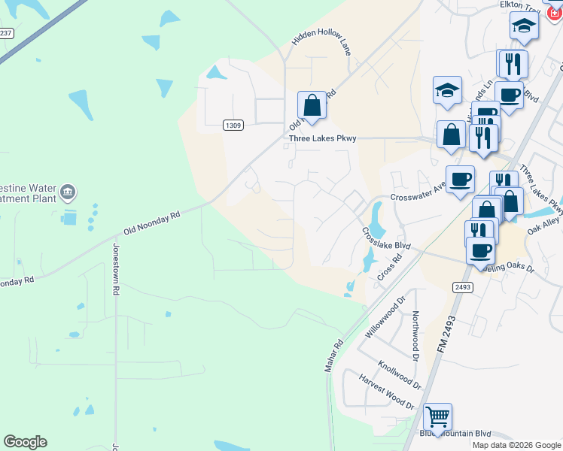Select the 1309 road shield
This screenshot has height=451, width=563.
click(233, 126)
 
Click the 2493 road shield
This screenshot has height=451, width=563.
click(462, 287)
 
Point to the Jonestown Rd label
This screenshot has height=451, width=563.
click(116, 268)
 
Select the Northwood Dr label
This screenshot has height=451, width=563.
click(415, 335)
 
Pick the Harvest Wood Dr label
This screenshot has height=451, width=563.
click(386, 392)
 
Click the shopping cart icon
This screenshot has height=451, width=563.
click(437, 416)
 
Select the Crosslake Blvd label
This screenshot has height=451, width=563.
click(386, 240)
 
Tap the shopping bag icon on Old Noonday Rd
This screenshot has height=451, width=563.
click(312, 104)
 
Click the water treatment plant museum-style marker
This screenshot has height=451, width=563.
click(68, 192)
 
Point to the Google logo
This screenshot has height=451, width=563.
click(25, 442)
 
